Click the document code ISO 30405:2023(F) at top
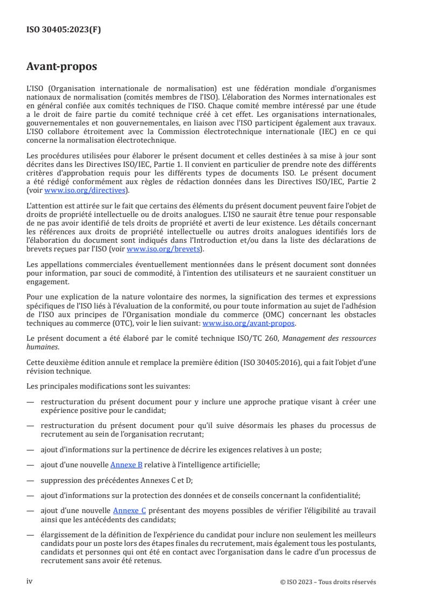[64, 30]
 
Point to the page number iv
[30, 581]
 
